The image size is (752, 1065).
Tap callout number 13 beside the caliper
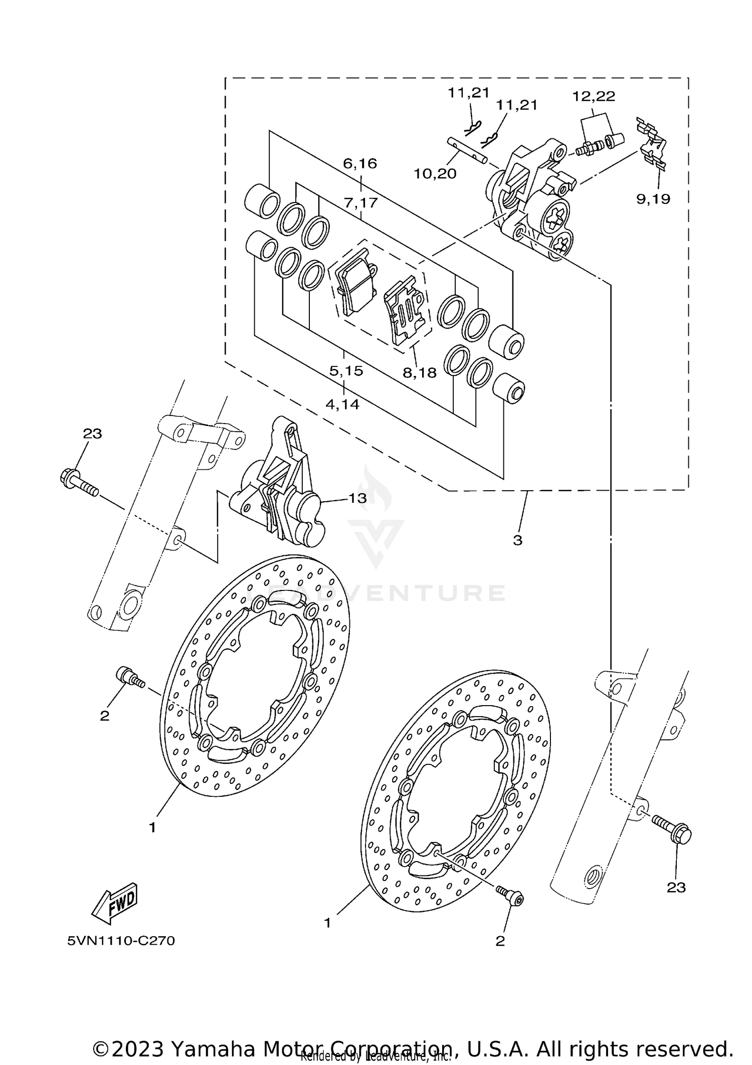pyautogui.click(x=357, y=498)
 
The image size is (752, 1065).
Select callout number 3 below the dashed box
pyautogui.click(x=517, y=540)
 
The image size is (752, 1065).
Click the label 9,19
pyautogui.click(x=653, y=199)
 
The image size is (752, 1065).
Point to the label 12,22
pyautogui.click(x=594, y=97)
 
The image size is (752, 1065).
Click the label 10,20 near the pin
pyautogui.click(x=435, y=174)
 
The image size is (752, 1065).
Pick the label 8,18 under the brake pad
pyautogui.click(x=419, y=372)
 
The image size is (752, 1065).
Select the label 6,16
pyautogui.click(x=360, y=163)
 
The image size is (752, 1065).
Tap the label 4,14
pyautogui.click(x=342, y=404)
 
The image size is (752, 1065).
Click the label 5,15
pyautogui.click(x=346, y=371)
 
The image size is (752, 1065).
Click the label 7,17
pyautogui.click(x=360, y=203)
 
